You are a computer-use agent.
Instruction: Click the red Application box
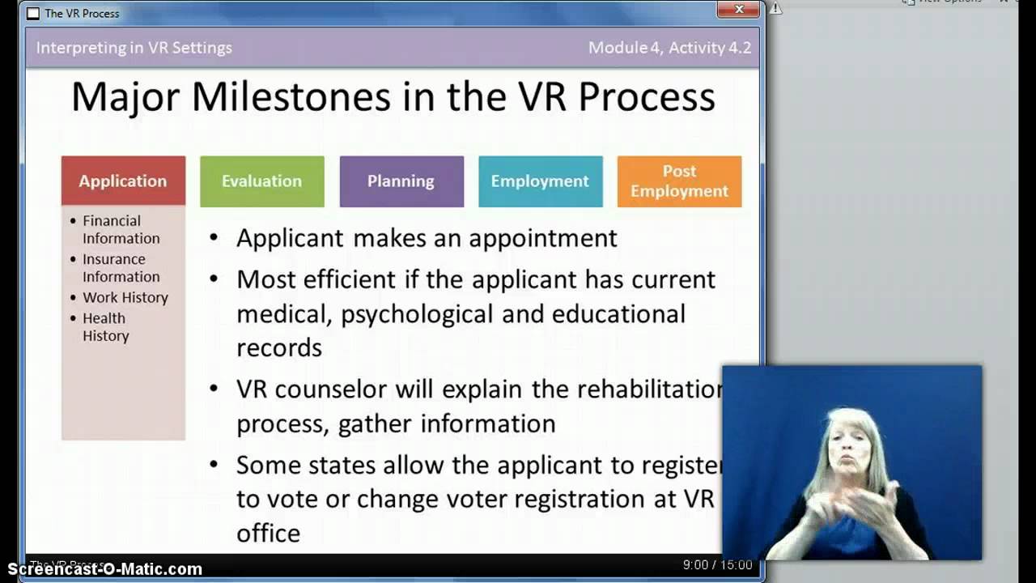point(123,181)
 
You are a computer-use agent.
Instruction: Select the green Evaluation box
point(261,181)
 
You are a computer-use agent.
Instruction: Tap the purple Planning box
point(401,181)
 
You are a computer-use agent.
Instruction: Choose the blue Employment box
point(540,181)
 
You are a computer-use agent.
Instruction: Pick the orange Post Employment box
point(679,181)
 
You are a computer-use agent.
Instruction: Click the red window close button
point(739,10)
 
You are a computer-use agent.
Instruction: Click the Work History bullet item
point(125,297)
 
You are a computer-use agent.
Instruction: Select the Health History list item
point(105,326)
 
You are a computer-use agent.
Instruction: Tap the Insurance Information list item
point(120,267)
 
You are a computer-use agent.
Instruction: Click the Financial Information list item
point(121,229)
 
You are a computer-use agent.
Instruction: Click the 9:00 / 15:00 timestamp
point(717,565)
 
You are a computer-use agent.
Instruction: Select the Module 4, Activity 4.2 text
point(669,48)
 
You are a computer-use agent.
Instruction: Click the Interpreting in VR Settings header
point(134,48)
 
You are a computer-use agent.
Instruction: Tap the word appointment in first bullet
point(542,238)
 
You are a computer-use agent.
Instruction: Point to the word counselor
point(330,389)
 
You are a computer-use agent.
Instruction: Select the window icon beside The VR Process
point(33,14)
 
